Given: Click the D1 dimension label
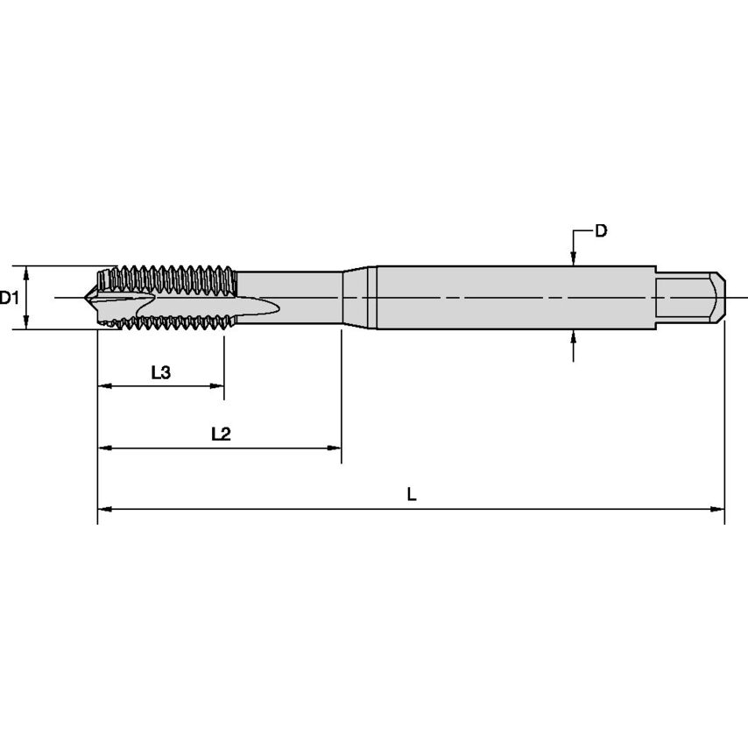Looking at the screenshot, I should click(10, 298).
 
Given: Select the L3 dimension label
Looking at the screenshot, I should click(160, 372).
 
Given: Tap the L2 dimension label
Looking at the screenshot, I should click(220, 434).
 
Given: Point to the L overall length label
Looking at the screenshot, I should click(412, 494).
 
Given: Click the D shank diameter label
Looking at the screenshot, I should click(601, 231).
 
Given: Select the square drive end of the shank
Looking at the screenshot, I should click(691, 298).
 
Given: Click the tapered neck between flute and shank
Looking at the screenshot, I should click(357, 298).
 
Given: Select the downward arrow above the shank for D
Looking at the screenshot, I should click(573, 258).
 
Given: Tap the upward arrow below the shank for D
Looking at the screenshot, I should click(573, 336).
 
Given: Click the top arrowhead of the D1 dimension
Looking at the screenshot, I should click(27, 272).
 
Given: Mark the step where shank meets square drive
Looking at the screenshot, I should click(656, 298).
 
